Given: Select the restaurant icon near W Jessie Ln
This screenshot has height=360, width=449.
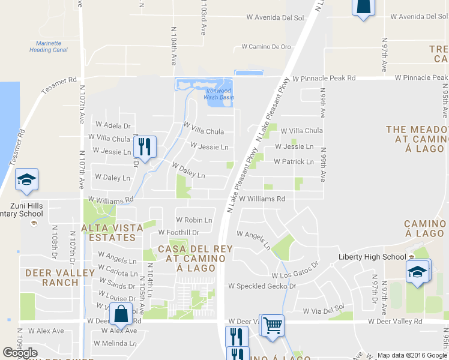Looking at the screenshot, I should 145,146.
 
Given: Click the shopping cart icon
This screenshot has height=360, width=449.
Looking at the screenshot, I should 272,326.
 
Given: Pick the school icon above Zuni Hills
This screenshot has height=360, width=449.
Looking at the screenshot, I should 27,179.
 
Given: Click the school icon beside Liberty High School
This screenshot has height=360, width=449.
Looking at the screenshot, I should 418,271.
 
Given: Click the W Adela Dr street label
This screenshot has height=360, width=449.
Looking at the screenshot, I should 113,126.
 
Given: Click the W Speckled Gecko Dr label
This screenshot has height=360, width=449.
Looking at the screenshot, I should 262,286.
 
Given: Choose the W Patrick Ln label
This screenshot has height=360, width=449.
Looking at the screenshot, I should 294,162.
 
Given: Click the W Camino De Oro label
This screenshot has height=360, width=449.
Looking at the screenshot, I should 266,46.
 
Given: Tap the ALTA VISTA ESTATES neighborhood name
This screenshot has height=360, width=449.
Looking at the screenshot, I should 112,232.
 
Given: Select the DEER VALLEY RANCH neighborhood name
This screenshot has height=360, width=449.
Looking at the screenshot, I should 60,278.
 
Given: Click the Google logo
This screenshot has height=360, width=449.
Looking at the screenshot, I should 20,353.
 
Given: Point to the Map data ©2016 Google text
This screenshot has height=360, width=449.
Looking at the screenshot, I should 411,355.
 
